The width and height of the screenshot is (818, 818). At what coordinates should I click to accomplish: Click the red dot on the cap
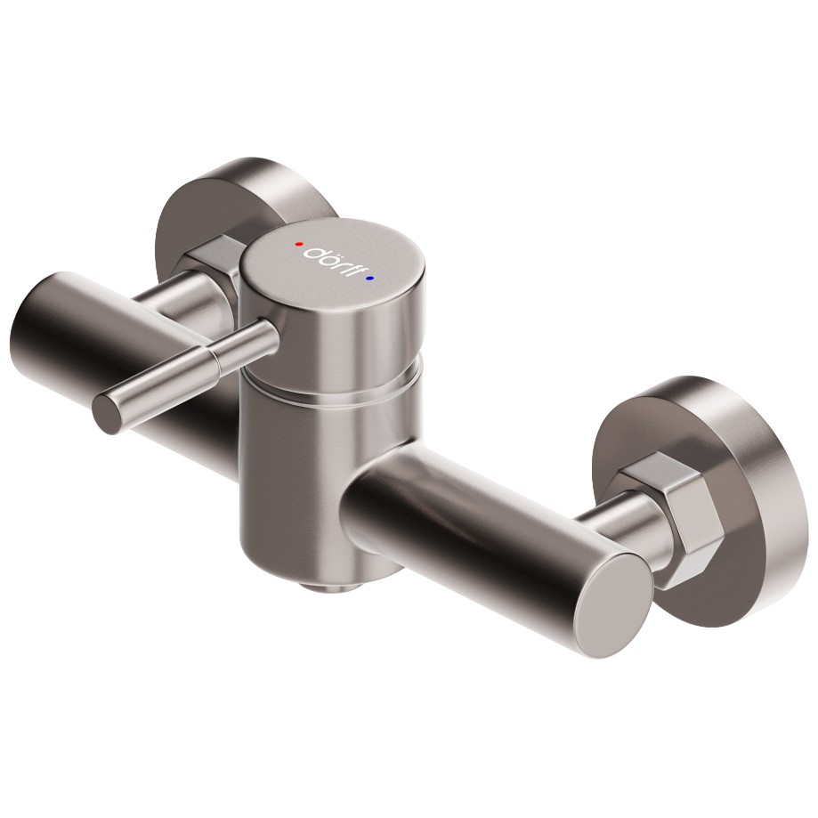pyautogui.click(x=299, y=244)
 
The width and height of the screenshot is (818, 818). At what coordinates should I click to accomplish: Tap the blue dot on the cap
pyautogui.click(x=370, y=279)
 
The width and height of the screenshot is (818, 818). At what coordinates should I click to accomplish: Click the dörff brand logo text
pyautogui.click(x=335, y=259)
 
